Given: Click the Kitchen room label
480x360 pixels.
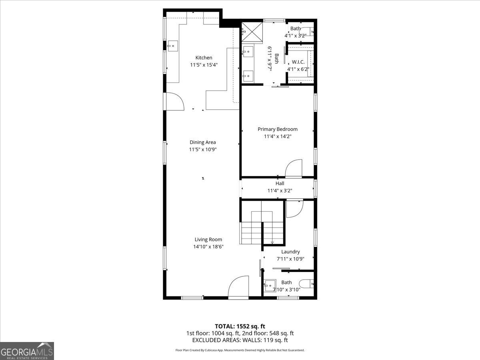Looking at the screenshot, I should (204, 58).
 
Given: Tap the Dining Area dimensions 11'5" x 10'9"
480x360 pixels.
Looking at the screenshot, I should (202, 150).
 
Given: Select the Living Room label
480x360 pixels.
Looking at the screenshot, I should (208, 240).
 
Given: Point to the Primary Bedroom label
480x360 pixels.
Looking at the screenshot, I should (277, 129).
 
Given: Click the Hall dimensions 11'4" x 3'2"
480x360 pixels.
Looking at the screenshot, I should (280, 191).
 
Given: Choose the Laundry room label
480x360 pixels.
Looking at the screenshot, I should (290, 252).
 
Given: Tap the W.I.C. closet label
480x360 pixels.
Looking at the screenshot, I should (298, 62).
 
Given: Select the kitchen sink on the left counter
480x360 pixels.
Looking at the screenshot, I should (172, 46).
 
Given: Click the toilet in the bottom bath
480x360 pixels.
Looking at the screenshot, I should (307, 283).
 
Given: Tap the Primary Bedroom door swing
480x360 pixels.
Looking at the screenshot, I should (294, 168).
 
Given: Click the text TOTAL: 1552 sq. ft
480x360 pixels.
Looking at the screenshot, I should (240, 326).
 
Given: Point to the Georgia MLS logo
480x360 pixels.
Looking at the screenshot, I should (27, 351).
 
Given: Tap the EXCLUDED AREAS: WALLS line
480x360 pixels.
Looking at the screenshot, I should (240, 340).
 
